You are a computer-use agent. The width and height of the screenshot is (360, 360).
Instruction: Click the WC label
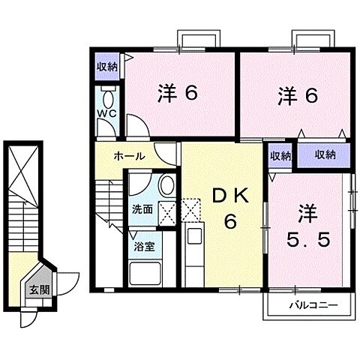(x=106, y=115)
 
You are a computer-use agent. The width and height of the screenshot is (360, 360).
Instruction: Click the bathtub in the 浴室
(x=145, y=271)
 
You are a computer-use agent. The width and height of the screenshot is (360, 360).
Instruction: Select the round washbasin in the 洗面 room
(x=166, y=185)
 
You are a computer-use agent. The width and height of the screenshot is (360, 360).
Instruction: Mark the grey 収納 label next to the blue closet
(x=280, y=155)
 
